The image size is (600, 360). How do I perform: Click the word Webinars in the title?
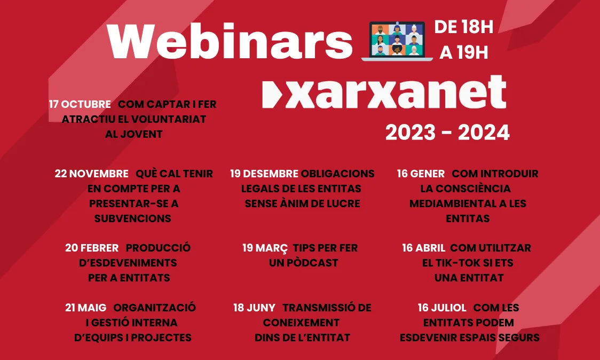pyautogui.click(x=230, y=42)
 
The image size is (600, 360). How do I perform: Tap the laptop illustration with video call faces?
pyautogui.click(x=397, y=41)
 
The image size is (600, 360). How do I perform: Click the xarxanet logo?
pyautogui.click(x=384, y=92)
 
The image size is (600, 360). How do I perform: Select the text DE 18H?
pyautogui.click(x=463, y=27)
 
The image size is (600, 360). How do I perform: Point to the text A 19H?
pyautogui.click(x=463, y=52)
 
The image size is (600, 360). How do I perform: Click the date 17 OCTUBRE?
pyautogui.click(x=80, y=104)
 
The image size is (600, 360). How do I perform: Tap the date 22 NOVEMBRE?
pyautogui.click(x=91, y=174)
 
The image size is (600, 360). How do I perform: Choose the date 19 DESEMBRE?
pyautogui.click(x=264, y=174)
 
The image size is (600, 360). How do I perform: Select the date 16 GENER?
pyautogui.click(x=421, y=174)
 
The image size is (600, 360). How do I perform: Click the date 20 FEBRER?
pyautogui.click(x=92, y=248)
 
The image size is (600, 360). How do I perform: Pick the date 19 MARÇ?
pyautogui.click(x=265, y=248)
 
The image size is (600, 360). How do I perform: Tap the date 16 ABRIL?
pyautogui.click(x=423, y=248)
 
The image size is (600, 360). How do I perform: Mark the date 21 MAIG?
pyautogui.click(x=85, y=308)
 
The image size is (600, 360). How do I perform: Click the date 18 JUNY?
pyautogui.click(x=254, y=308)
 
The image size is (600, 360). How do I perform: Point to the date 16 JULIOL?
pyautogui.click(x=442, y=308)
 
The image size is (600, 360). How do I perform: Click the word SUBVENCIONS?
pyautogui.click(x=133, y=218)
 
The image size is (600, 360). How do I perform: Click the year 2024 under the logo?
pyautogui.click(x=484, y=133)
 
